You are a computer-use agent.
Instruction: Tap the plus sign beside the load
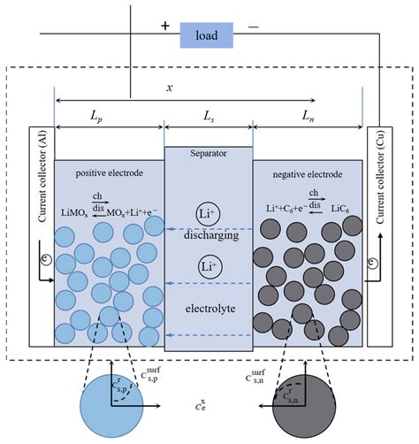point(164,27)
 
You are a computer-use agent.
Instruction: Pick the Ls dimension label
point(209,116)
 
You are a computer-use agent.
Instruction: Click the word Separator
point(209,153)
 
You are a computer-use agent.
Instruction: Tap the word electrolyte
point(209,310)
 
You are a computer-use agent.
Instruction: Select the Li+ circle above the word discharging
point(209,213)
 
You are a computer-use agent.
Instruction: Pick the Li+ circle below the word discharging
point(209,265)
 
